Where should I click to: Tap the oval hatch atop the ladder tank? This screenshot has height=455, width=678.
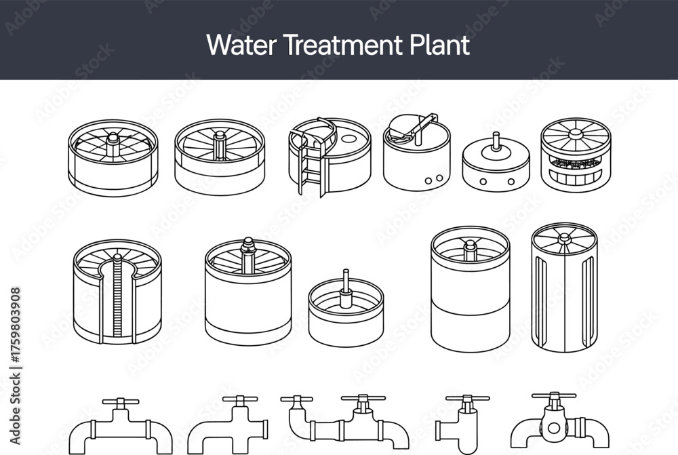coord(349,139)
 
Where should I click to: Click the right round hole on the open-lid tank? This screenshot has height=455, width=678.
coord(439,178)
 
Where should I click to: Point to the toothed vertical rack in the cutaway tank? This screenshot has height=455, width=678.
coord(117,298)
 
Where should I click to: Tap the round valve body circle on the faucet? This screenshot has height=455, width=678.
coord(553,428)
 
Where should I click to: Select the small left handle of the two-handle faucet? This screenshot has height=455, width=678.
coord(297,400)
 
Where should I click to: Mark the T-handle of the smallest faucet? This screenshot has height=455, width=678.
coord(467,400)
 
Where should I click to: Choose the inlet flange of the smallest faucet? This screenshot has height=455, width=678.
coord(438,431)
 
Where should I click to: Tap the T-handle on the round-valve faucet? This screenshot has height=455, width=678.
coord(554,398)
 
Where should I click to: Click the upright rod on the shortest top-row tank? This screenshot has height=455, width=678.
coord(496,142)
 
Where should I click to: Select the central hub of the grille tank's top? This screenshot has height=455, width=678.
coord(576,134)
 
